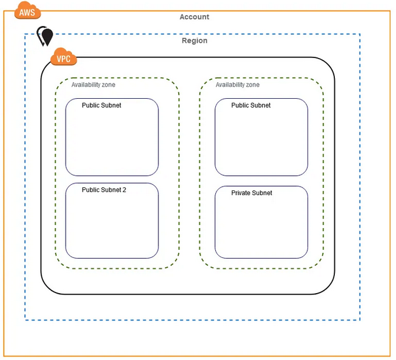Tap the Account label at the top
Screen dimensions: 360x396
[x=194, y=17]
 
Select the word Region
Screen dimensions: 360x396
[x=194, y=41]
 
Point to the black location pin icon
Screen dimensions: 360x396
[x=45, y=36]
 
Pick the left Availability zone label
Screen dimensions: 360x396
[x=94, y=85]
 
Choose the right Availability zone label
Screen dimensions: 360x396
[x=237, y=85]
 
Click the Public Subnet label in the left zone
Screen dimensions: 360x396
[x=101, y=105]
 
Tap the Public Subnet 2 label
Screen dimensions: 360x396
[x=104, y=190]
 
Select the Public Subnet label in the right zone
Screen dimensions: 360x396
[x=251, y=105]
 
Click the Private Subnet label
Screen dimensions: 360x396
[x=251, y=192]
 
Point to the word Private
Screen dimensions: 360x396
[x=241, y=192]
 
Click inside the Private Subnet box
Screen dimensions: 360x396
[x=261, y=226]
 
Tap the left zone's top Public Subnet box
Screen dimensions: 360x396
[x=112, y=140]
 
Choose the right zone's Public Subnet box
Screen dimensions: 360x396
[x=261, y=140]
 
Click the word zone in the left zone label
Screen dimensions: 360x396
[x=108, y=85]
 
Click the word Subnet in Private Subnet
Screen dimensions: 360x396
[x=262, y=192]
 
